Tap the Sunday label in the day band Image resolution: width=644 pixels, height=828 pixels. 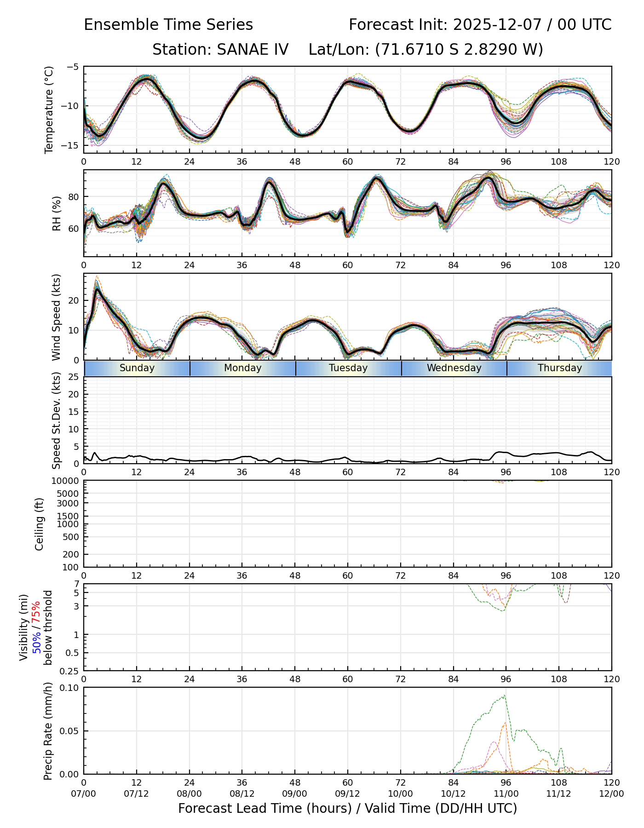tap(137, 368)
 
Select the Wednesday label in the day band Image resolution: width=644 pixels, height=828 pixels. tap(454, 368)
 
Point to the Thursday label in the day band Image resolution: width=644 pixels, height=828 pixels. tap(560, 368)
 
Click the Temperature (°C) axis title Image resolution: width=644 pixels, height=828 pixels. tap(49, 109)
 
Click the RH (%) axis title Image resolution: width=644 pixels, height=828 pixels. tap(57, 213)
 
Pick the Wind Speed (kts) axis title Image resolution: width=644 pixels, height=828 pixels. tap(57, 317)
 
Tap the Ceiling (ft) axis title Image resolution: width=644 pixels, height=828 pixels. tap(40, 524)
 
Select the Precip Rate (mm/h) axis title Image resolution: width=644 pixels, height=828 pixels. tap(48, 731)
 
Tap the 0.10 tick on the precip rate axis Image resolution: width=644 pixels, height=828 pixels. tap(70, 688)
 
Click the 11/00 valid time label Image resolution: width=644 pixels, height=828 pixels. tap(506, 794)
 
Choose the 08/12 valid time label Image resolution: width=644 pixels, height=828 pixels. tap(242, 794)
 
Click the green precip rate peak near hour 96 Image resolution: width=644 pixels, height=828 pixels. tap(505, 696)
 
